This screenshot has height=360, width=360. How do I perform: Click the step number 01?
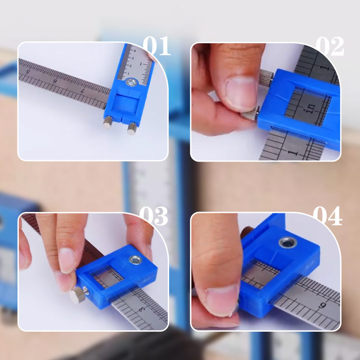tap(157, 46)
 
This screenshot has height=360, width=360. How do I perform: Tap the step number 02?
tap(329, 46)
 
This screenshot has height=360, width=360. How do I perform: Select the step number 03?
tap(153, 216)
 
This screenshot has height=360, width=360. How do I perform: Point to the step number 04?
tap(327, 216)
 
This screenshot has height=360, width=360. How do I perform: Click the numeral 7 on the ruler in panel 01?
tap(82, 90)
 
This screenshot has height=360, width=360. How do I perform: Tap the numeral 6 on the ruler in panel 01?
tap(55, 81)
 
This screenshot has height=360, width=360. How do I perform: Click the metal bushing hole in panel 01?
tap(131, 82)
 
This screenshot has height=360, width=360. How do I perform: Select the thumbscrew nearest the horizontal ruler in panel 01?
tap(108, 121)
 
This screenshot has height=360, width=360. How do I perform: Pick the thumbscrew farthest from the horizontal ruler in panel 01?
tap(132, 129)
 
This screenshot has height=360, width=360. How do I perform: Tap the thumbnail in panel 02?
tap(241, 92)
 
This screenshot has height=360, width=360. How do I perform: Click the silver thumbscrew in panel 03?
tap(78, 295)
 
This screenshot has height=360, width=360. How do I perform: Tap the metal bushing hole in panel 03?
tap(135, 260)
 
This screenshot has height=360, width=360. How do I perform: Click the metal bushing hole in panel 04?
tap(288, 243)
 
